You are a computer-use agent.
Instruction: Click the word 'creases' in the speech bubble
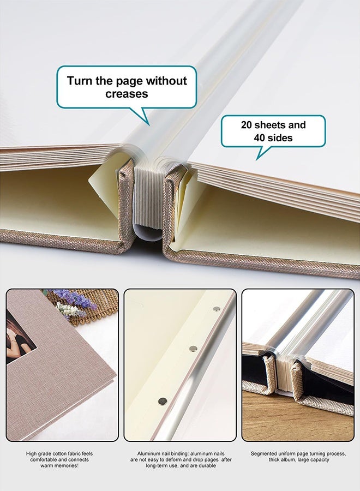coord(127,94)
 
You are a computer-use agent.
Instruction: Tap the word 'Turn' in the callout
coord(80,81)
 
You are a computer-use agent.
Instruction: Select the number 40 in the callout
coord(260,138)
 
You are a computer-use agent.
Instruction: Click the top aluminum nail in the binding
coord(217,309)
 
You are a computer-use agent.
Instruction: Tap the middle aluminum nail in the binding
coord(191,348)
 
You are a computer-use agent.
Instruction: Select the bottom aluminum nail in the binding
coord(162,401)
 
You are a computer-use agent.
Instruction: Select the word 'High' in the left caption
coord(32,453)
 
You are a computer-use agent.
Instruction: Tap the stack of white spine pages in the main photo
coord(146,199)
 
